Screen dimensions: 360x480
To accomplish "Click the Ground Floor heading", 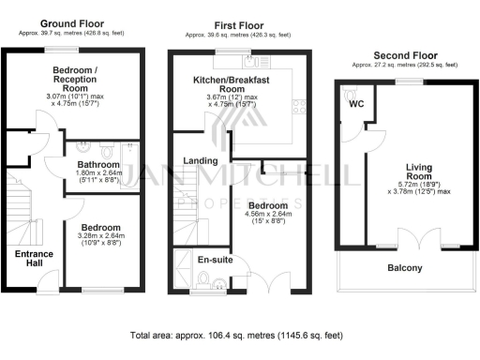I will click(x=71, y=21).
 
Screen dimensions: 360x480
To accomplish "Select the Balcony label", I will click(x=405, y=268).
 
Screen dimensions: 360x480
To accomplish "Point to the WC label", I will click(x=356, y=103).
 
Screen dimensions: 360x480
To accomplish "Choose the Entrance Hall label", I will click(x=34, y=259).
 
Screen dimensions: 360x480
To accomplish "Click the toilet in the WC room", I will click(x=351, y=95).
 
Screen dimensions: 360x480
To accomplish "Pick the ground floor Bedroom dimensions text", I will click(x=100, y=242).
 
